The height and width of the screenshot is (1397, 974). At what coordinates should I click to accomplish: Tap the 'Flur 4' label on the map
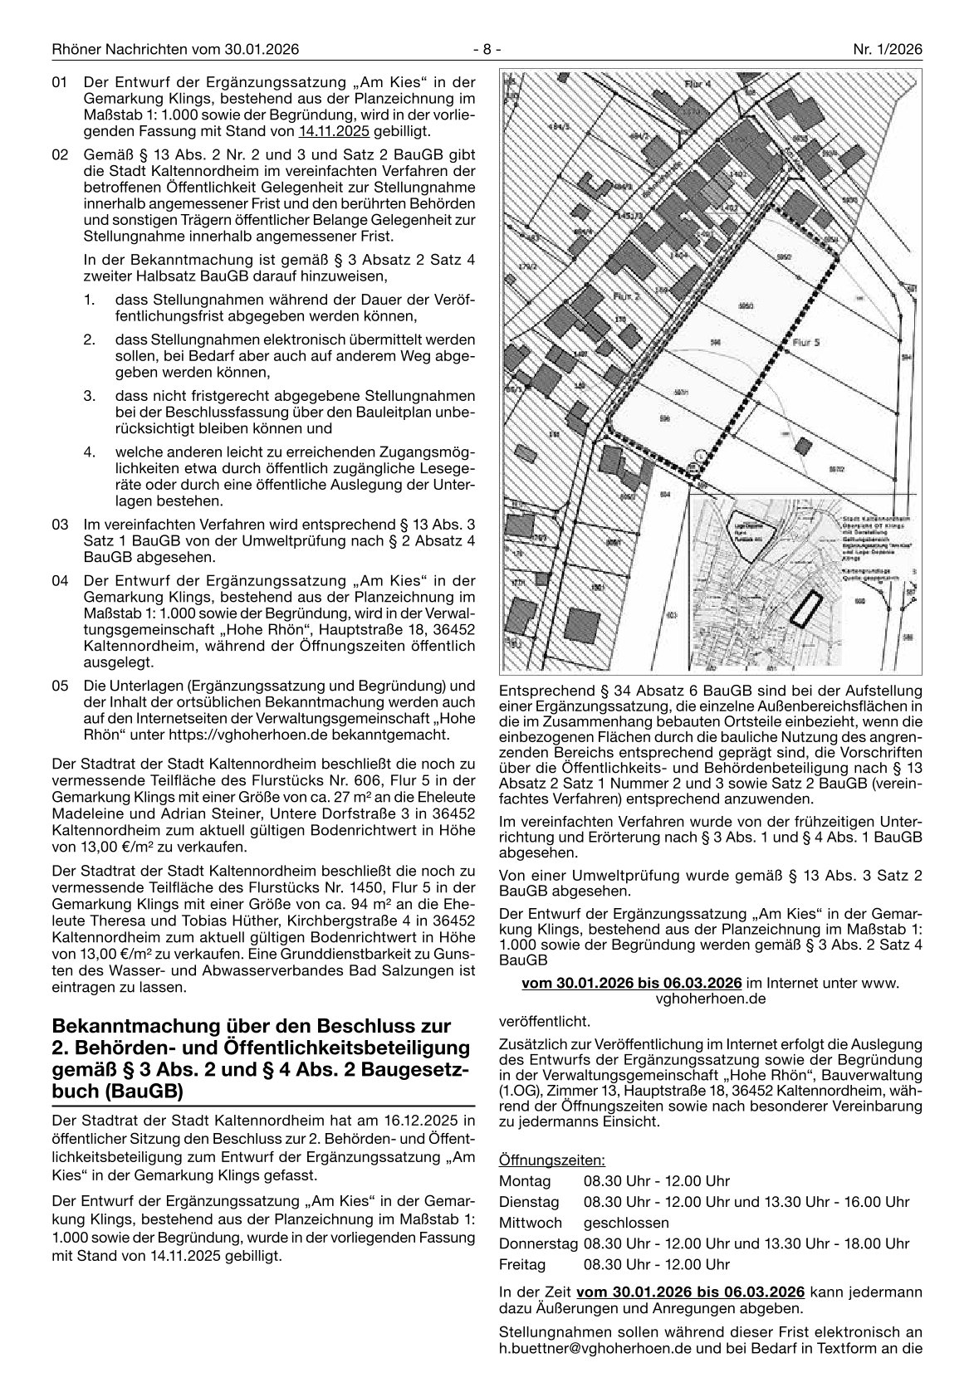[x=697, y=84]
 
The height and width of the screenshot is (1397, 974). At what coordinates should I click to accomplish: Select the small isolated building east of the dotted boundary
[x=802, y=444]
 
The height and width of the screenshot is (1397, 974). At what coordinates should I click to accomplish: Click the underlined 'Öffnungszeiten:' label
[x=552, y=1159]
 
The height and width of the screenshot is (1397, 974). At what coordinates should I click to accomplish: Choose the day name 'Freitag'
[x=522, y=1264]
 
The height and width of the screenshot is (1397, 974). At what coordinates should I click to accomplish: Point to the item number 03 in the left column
[x=59, y=525]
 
